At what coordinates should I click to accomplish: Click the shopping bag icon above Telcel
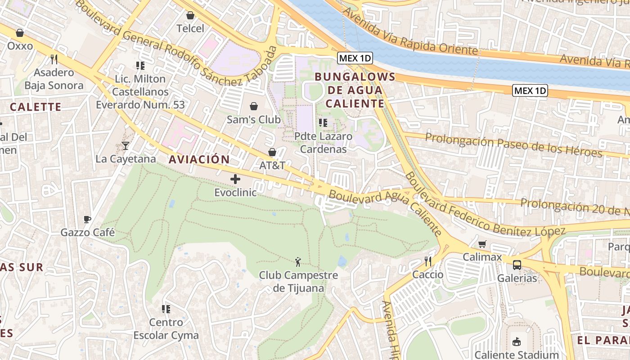[190, 16]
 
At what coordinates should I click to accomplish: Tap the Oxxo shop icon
[20, 33]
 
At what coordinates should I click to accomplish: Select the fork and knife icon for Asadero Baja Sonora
[54, 59]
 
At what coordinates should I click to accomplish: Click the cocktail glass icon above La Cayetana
[126, 146]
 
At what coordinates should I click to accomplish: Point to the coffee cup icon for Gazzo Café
[87, 220]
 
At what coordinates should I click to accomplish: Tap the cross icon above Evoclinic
[235, 179]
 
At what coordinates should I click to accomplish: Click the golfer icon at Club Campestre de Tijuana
[298, 261]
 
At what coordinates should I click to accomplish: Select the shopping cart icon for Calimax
[482, 244]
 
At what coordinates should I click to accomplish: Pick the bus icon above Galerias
[517, 265]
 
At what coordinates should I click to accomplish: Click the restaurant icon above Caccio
[428, 261]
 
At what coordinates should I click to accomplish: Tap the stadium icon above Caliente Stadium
[517, 342]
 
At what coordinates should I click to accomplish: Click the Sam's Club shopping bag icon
[254, 106]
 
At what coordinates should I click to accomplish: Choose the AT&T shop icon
[272, 152]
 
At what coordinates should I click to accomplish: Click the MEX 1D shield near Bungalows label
[355, 58]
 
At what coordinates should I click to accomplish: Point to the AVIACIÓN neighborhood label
[199, 159]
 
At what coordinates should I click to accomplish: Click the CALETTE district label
[35, 107]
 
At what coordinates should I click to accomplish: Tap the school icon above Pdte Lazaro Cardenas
[323, 122]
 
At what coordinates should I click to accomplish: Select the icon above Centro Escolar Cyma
[166, 309]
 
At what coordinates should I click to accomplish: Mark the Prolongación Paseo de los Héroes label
[513, 145]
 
